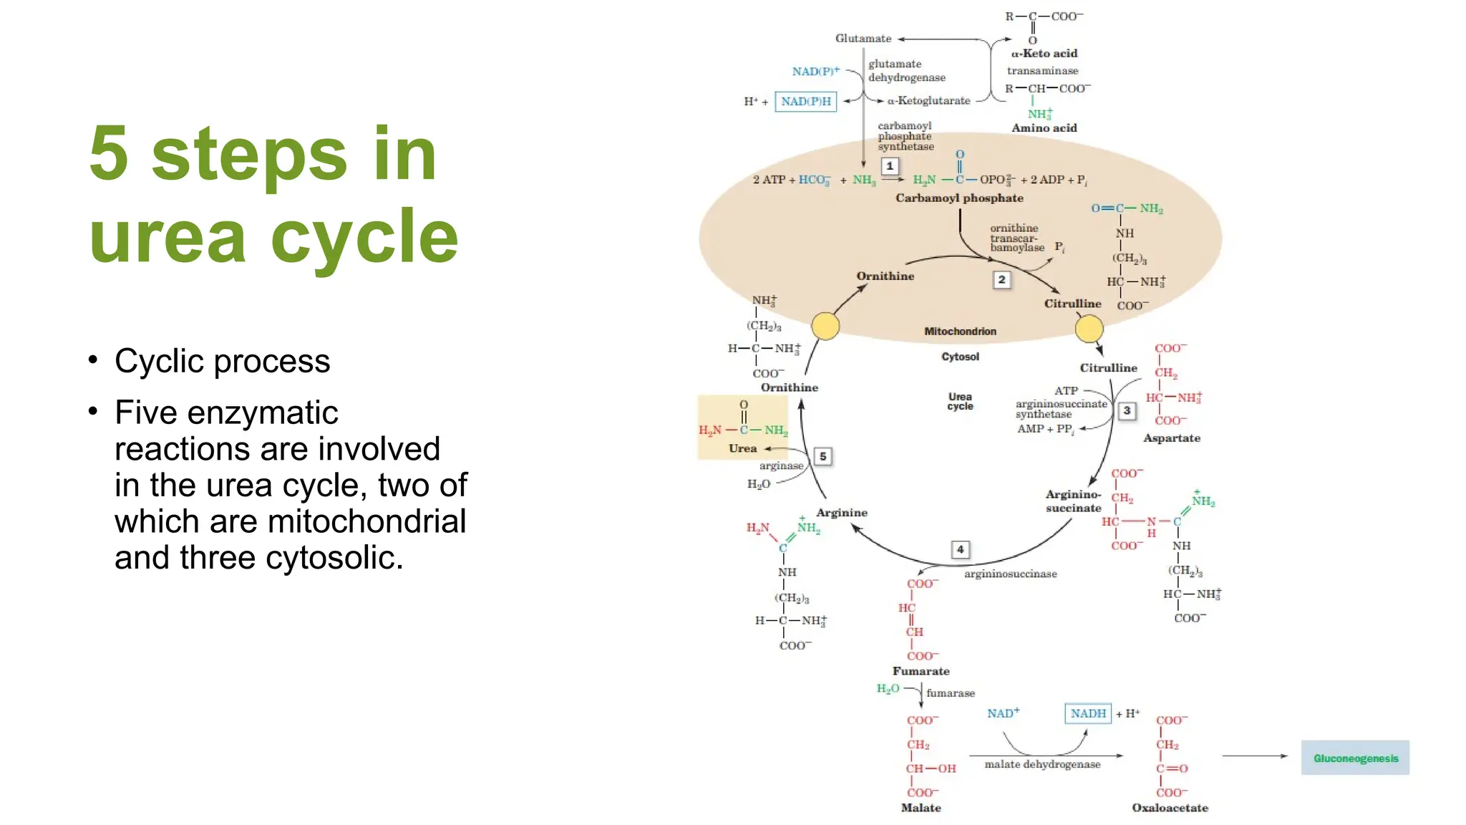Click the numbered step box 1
pyautogui.click(x=889, y=166)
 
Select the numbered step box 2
pyautogui.click(x=1001, y=279)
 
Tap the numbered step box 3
pyautogui.click(x=1127, y=410)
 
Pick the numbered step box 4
pyautogui.click(x=960, y=549)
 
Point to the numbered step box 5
pyautogui.click(x=823, y=456)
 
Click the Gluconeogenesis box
pyautogui.click(x=1355, y=758)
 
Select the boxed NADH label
pyautogui.click(x=1088, y=713)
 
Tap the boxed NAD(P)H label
pyautogui.click(x=806, y=102)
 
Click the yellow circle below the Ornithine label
pyautogui.click(x=825, y=326)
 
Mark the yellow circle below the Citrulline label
pyautogui.click(x=1089, y=329)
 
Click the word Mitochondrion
pyautogui.click(x=960, y=332)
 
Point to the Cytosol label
pyautogui.click(x=960, y=357)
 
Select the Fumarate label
pyautogui.click(x=921, y=671)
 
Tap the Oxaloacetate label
pyautogui.click(x=1170, y=808)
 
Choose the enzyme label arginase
pyautogui.click(x=781, y=466)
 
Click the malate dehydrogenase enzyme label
pyautogui.click(x=1042, y=765)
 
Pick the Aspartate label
pyautogui.click(x=1171, y=438)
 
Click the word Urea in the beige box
pyautogui.click(x=742, y=448)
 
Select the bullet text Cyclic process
pyautogui.click(x=222, y=361)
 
